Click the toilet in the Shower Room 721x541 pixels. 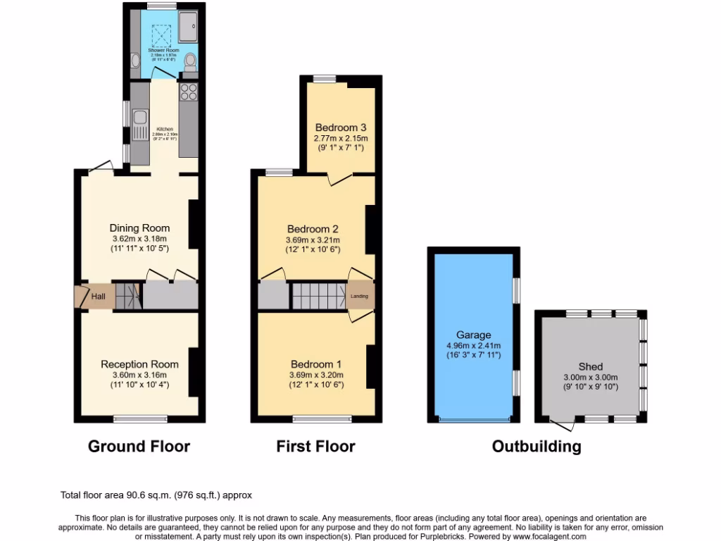tap(189, 64)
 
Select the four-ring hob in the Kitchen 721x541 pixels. tap(189, 92)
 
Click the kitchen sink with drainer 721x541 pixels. tap(140, 120)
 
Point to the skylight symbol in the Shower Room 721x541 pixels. tap(163, 34)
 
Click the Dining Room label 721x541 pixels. tap(139, 228)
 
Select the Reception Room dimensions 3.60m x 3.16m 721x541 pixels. tap(139, 375)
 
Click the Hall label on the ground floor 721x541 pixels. tap(99, 297)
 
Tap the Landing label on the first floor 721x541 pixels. tap(359, 297)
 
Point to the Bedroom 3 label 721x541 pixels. tap(341, 128)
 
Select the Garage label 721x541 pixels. tap(473, 335)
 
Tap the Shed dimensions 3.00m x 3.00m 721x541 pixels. tap(590, 377)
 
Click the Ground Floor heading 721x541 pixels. tap(139, 446)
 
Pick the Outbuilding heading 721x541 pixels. tap(537, 446)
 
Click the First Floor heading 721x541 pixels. tap(315, 446)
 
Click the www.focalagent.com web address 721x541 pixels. tap(546, 537)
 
